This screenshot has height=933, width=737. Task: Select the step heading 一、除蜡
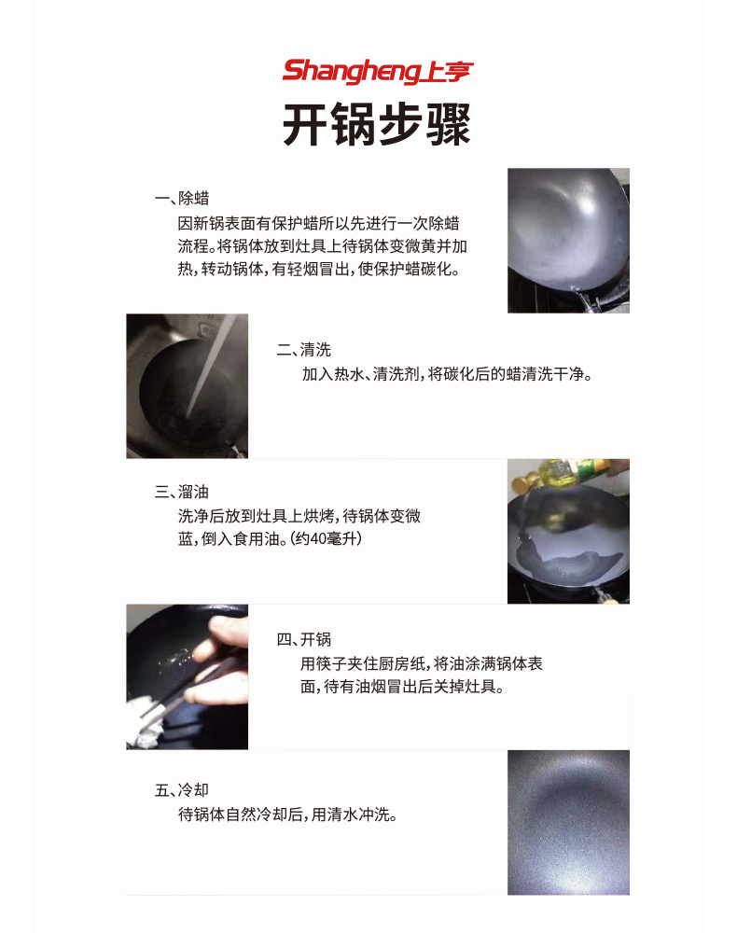click(x=181, y=199)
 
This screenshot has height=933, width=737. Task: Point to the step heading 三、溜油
click(x=181, y=492)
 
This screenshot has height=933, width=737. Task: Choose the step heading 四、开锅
click(x=303, y=639)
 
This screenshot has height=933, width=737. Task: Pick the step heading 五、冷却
click(x=181, y=790)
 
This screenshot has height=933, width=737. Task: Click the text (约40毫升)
click(x=326, y=539)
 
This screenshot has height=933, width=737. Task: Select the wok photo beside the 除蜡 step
click(x=568, y=240)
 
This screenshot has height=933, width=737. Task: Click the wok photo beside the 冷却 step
click(x=568, y=822)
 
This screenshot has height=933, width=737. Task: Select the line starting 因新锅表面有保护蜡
click(x=317, y=224)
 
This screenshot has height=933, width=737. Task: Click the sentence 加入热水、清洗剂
click(x=447, y=374)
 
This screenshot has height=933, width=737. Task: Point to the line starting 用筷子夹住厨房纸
click(x=421, y=664)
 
